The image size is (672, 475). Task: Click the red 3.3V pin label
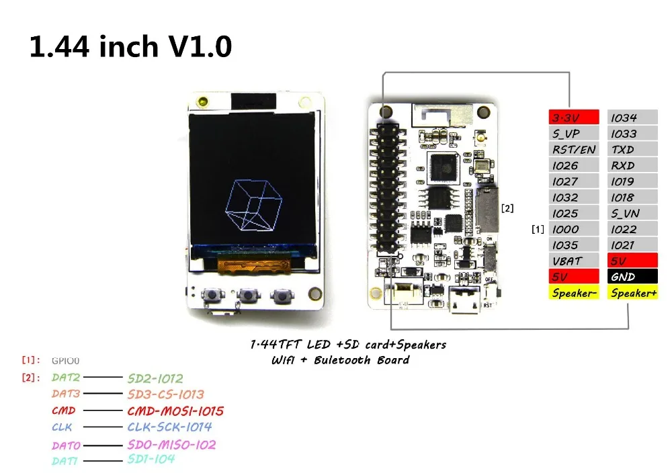[573, 118]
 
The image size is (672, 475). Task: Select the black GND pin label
[632, 277]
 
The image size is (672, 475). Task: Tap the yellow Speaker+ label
[632, 293]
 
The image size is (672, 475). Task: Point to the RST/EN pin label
[573, 149]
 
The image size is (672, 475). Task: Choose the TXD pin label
[632, 149]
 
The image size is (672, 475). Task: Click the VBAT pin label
[573, 261]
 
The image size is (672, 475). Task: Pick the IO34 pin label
[632, 118]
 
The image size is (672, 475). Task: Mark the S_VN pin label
[632, 213]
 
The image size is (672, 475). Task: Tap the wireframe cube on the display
[254, 205]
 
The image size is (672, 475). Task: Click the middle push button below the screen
[248, 295]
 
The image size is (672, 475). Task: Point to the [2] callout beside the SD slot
[507, 208]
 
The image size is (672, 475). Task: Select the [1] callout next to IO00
[538, 229]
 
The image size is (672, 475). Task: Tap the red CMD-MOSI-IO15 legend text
[175, 411]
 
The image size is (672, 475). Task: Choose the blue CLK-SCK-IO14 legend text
[170, 427]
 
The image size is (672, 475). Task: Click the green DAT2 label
[66, 378]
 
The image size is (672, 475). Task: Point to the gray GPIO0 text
[66, 361]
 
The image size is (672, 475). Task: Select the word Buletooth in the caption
[342, 360]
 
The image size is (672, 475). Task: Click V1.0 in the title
[200, 46]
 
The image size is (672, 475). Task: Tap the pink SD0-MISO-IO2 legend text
[171, 445]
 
